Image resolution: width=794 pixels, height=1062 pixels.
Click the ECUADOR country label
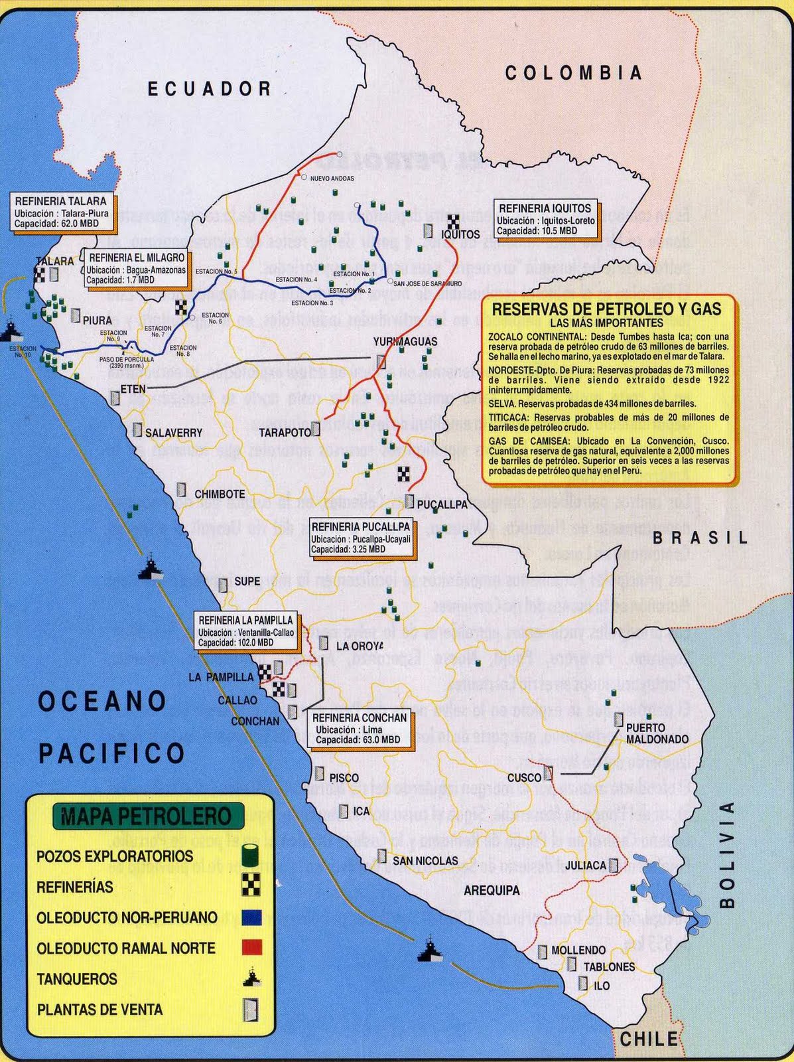[x=209, y=88]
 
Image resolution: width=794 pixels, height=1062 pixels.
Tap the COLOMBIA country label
[x=574, y=72]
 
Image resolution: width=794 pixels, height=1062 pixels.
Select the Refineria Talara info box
[x=61, y=212]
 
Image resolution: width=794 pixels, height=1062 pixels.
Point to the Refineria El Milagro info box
[x=137, y=268]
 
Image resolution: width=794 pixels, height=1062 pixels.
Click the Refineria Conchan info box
[x=359, y=728]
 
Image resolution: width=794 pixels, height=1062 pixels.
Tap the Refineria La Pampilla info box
[x=245, y=631]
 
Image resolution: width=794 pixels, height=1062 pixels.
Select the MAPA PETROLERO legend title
[x=147, y=816]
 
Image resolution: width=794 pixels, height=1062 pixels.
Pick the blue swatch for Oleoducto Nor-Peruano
[x=251, y=917]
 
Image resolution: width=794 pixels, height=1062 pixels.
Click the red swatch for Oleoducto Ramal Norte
[x=251, y=948]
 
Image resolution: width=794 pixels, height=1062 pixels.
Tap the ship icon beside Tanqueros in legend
[x=251, y=978]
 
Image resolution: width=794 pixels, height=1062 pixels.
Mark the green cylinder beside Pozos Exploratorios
[x=250, y=855]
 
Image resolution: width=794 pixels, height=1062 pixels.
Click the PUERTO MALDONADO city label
[x=657, y=733]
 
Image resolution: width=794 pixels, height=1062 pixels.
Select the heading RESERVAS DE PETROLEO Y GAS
[x=606, y=309]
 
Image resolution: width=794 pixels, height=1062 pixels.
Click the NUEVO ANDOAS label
[x=332, y=179]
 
